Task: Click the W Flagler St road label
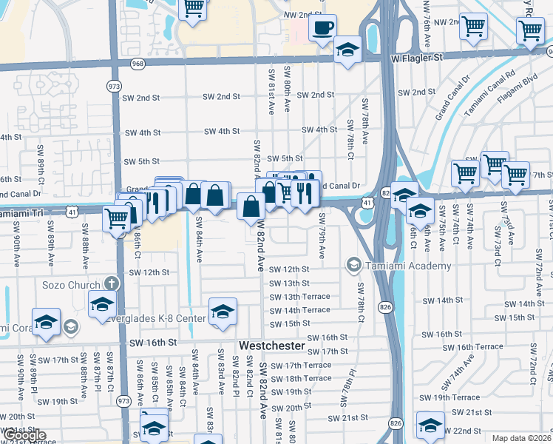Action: coord(416,57)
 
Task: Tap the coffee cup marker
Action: coord(322,29)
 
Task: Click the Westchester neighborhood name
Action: coord(271,346)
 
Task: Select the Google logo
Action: coord(24,435)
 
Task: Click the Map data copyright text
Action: coord(521,438)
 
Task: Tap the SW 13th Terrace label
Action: coord(300,297)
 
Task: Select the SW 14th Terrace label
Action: coord(300,311)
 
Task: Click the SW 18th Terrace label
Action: coord(308,378)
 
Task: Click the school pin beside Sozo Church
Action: coord(102,304)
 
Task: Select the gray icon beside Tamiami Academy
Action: coord(354,265)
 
